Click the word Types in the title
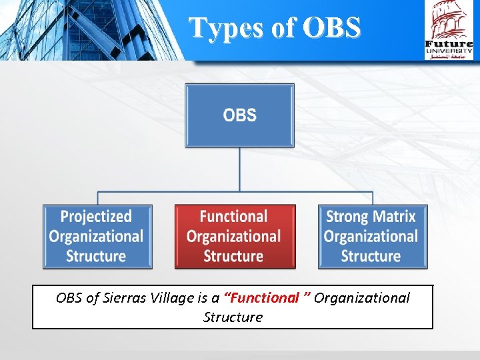(224, 27)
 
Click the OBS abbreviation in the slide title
(331, 27)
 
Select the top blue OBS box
(239, 115)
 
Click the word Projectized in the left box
(97, 216)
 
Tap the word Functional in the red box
(233, 216)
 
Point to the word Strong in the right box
(348, 216)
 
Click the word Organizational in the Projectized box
(97, 236)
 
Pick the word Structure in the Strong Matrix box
(370, 256)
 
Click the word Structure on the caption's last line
(233, 317)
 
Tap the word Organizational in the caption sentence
(362, 298)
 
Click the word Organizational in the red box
(233, 236)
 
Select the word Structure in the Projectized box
(97, 256)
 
